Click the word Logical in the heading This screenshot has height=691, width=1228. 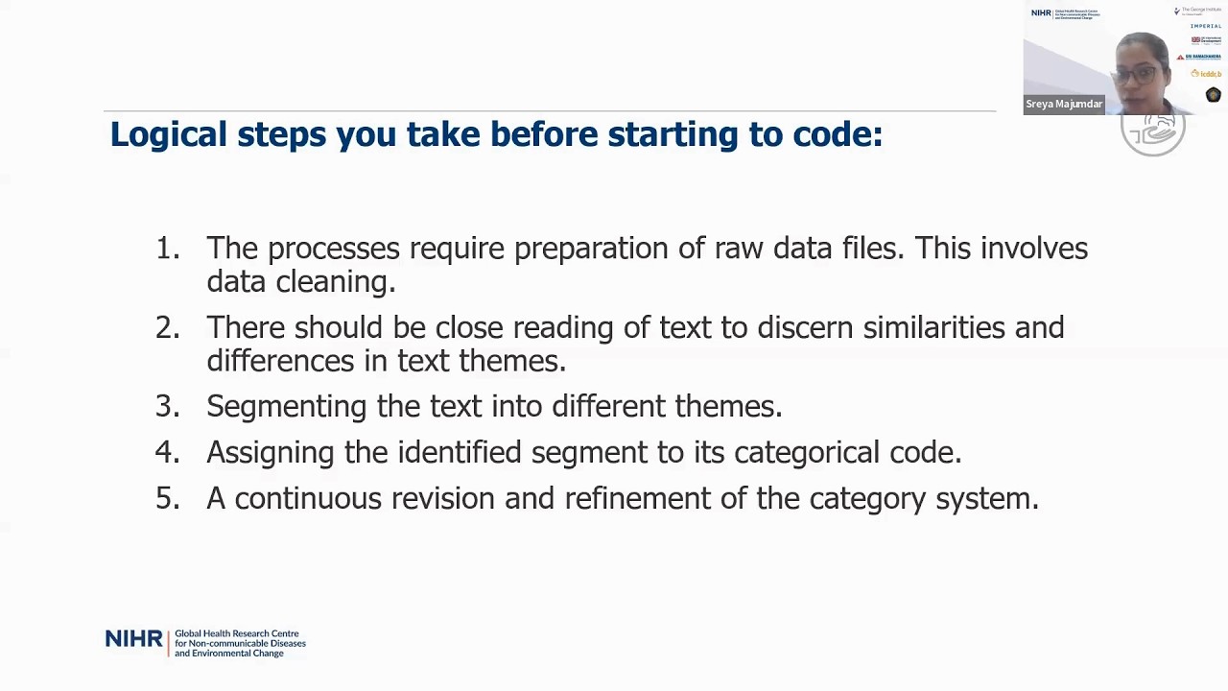tap(168, 135)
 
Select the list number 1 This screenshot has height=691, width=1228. tap(166, 249)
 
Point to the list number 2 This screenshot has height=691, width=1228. tap(166, 328)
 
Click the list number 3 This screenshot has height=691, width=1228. tap(166, 407)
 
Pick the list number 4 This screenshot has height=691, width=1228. tap(166, 453)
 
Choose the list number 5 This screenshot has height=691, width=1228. tap(166, 499)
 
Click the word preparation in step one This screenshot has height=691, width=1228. tap(591, 250)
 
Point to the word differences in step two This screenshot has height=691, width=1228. tap(280, 362)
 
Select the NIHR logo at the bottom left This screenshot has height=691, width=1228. tap(133, 640)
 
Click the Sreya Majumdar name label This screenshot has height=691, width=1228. tap(1064, 104)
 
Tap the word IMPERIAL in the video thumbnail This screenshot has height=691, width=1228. tap(1206, 26)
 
